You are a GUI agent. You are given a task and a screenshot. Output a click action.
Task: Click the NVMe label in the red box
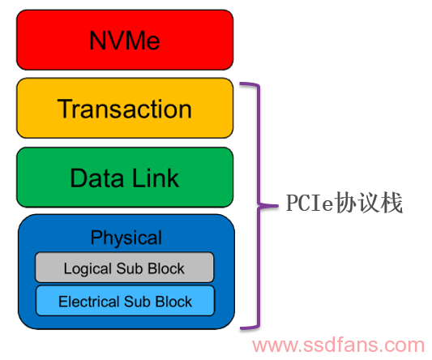(x=125, y=41)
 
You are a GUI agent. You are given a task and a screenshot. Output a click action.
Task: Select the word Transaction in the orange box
(x=125, y=109)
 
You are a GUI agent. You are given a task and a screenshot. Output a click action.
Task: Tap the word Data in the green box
(x=96, y=178)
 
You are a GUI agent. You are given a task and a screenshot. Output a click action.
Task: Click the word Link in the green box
(x=156, y=178)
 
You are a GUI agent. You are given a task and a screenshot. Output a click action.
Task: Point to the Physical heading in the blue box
(x=126, y=238)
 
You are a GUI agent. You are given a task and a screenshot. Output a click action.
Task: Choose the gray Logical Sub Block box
(x=125, y=267)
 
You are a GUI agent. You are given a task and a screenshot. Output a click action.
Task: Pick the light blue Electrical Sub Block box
(x=125, y=301)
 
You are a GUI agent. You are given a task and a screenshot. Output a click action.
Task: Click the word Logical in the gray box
(x=88, y=268)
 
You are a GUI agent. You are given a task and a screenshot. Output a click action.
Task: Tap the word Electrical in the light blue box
(x=89, y=302)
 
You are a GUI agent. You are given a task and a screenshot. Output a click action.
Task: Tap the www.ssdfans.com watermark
(x=338, y=345)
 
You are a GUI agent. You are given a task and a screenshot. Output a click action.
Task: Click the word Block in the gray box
(x=166, y=268)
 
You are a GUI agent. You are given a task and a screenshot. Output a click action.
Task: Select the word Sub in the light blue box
(x=138, y=302)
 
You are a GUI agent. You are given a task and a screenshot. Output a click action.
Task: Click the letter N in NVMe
(x=97, y=41)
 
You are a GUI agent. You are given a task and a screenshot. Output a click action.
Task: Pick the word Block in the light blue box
(x=173, y=302)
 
